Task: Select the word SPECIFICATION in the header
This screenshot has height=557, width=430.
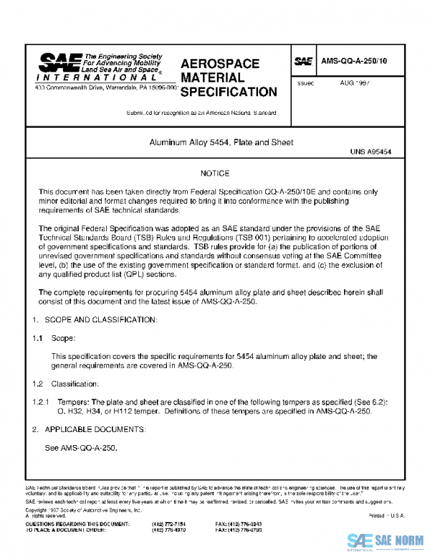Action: (228, 92)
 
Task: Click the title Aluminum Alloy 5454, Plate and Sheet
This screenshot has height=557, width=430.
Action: (221, 143)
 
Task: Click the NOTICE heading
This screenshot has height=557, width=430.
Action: (215, 174)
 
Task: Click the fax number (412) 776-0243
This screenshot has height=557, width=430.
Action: (234, 525)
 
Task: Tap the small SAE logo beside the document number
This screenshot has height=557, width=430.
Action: (305, 62)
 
